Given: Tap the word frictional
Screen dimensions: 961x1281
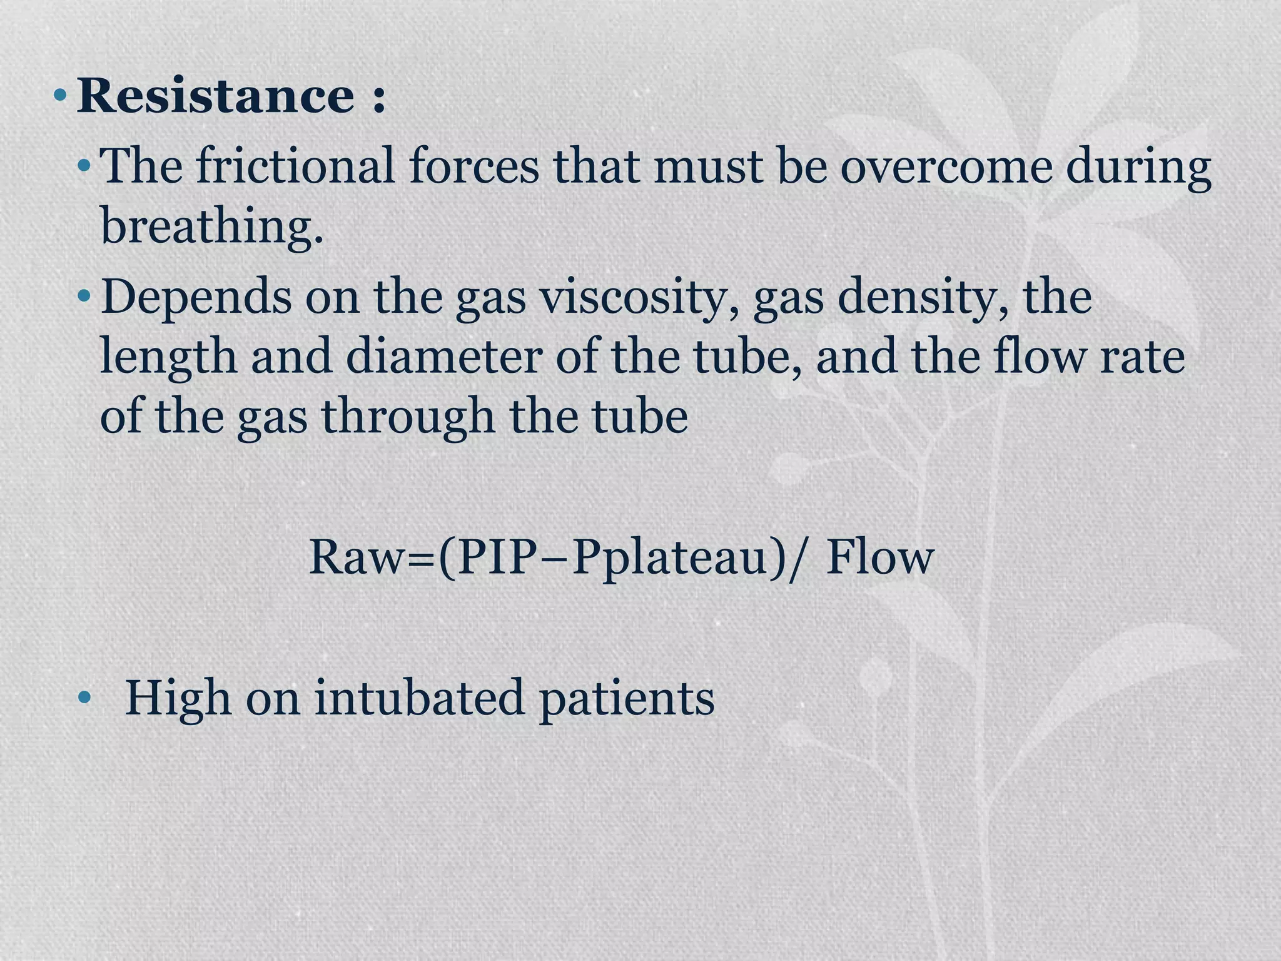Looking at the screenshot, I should pyautogui.click(x=295, y=166).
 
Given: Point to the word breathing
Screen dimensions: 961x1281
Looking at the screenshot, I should pyautogui.click(x=211, y=226).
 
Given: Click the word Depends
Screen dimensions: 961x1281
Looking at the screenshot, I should pyautogui.click(x=196, y=297).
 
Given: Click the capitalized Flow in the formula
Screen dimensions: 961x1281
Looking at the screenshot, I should pyautogui.click(x=880, y=557).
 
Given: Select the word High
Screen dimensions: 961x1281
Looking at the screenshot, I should pyautogui.click(x=178, y=698).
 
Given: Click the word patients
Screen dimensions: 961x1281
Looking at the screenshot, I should pyautogui.click(x=626, y=698).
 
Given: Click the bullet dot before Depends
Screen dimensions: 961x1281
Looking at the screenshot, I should pyautogui.click(x=84, y=297).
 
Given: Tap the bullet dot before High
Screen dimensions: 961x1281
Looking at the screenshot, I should pyautogui.click(x=84, y=698).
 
